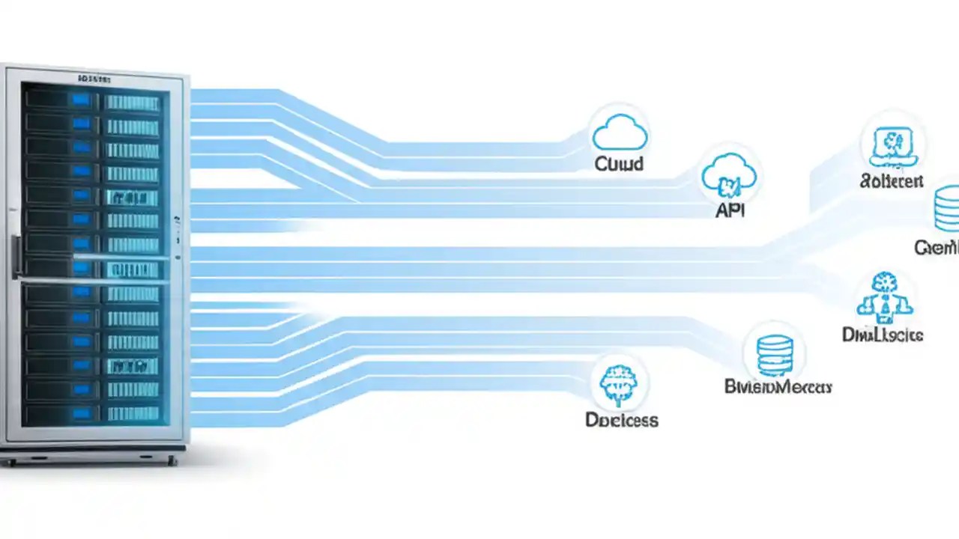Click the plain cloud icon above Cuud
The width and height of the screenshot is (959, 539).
(619, 135)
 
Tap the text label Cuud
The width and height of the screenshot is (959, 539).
(619, 163)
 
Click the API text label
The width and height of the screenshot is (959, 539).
(730, 210)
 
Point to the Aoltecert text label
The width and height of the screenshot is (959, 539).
(892, 181)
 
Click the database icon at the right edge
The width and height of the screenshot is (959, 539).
(947, 210)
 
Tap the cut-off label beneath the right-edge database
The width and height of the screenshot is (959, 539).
(937, 247)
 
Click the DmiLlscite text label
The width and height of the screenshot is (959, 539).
(883, 335)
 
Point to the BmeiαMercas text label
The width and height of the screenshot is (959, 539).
(778, 387)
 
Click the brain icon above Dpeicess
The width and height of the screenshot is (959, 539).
(619, 385)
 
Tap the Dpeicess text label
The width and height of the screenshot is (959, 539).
(621, 420)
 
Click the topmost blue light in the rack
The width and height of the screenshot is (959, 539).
(80, 100)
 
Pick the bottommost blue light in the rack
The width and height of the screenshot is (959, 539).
(80, 413)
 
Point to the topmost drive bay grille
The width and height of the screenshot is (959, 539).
(132, 103)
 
